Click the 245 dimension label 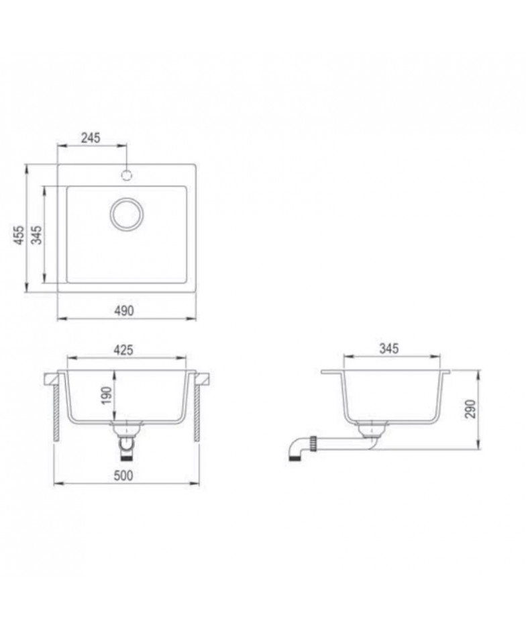pyautogui.click(x=91, y=138)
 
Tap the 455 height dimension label pyautogui.click(x=18, y=235)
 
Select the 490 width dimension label pyautogui.click(x=124, y=310)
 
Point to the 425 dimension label pyautogui.click(x=123, y=350)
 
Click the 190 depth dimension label pyautogui.click(x=107, y=396)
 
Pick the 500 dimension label pyautogui.click(x=123, y=476)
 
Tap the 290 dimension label pyautogui.click(x=471, y=409)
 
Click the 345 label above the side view pyautogui.click(x=389, y=349)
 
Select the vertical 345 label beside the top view pyautogui.click(x=36, y=235)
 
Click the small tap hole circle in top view pyautogui.click(x=127, y=175)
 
